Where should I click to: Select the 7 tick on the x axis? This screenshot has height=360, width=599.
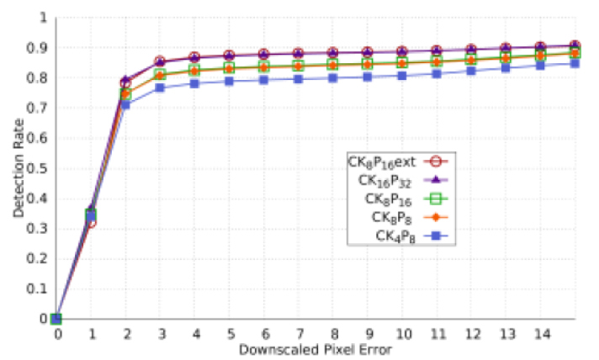(299, 333)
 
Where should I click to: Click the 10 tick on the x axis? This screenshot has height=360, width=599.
(402, 333)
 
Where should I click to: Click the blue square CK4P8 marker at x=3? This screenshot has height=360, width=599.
(161, 87)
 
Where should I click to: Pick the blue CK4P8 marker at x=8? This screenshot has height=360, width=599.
(333, 78)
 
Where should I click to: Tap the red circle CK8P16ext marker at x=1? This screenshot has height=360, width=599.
(92, 223)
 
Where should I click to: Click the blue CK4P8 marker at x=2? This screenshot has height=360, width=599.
(126, 104)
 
